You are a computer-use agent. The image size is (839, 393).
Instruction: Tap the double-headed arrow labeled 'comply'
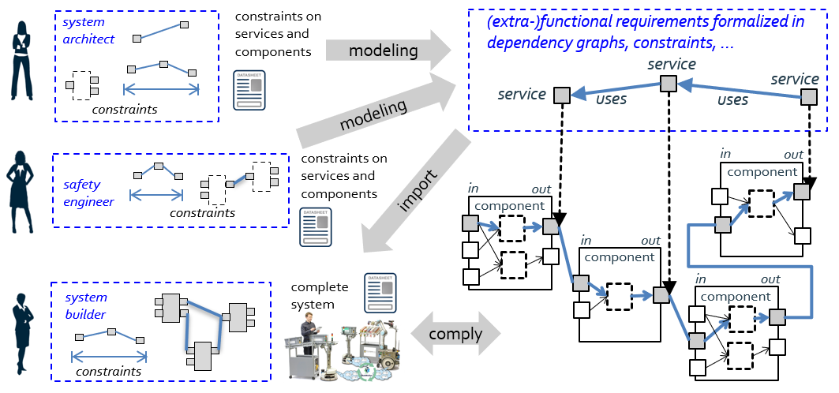(455, 334)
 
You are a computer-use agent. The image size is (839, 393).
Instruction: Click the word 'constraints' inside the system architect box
(125, 109)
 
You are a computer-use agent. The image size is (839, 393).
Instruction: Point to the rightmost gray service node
(810, 96)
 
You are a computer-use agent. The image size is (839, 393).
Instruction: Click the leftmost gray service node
(560, 95)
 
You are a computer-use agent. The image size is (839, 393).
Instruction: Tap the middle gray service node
(669, 82)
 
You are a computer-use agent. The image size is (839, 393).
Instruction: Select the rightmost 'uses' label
(732, 100)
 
